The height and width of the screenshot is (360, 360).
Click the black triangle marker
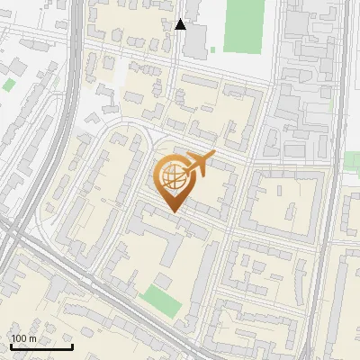coord(181,24)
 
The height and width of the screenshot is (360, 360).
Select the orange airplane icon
coord(198,165)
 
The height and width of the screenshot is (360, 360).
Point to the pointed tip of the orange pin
coord(172,212)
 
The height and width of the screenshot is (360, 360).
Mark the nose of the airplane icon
coord(213,157)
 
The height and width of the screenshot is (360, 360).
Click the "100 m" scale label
coord(24,339)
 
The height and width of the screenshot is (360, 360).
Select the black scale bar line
coord(41,347)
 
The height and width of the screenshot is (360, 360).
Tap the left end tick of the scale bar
coord(12,346)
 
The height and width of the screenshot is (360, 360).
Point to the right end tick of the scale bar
coord(72,346)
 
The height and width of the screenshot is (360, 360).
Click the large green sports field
coord(241,25)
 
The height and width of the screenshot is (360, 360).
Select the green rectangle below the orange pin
coord(158,300)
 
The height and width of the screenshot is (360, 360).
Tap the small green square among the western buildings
coord(9,85)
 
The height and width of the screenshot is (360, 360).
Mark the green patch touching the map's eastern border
coord(352,161)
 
